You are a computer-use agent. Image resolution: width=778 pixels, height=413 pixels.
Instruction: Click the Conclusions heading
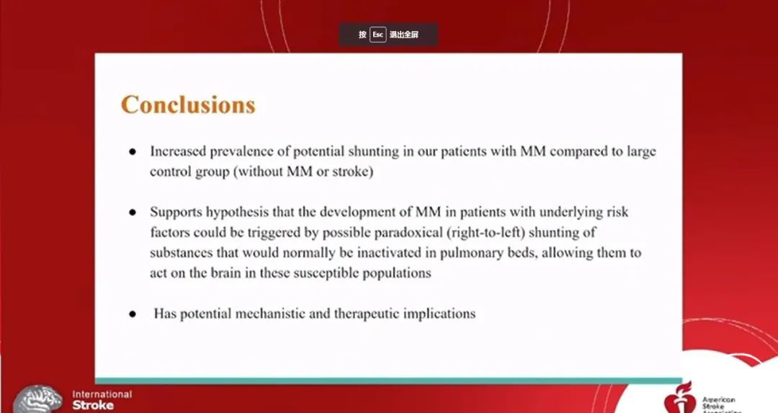coord(188,105)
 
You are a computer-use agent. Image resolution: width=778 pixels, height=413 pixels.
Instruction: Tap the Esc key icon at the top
coord(377,35)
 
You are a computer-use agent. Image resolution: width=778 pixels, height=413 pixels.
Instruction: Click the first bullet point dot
coord(133,152)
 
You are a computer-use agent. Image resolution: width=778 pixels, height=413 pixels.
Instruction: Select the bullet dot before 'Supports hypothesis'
coord(133,213)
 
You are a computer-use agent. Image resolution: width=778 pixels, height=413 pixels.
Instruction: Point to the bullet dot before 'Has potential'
coord(133,314)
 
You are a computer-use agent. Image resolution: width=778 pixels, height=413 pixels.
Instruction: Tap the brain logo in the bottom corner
coord(37,400)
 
